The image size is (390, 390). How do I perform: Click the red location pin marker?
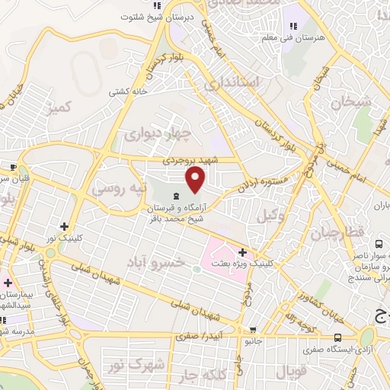tap(196, 180)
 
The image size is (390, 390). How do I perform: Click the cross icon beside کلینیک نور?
tap(65, 226)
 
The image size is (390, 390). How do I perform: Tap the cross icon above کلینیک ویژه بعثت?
tap(242, 252)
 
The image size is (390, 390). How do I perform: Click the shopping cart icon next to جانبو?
tap(253, 330)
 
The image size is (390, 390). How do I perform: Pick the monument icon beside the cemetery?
tap(176, 197)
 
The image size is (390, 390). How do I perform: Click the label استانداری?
tap(233, 82)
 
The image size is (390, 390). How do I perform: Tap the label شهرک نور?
tap(145, 365)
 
